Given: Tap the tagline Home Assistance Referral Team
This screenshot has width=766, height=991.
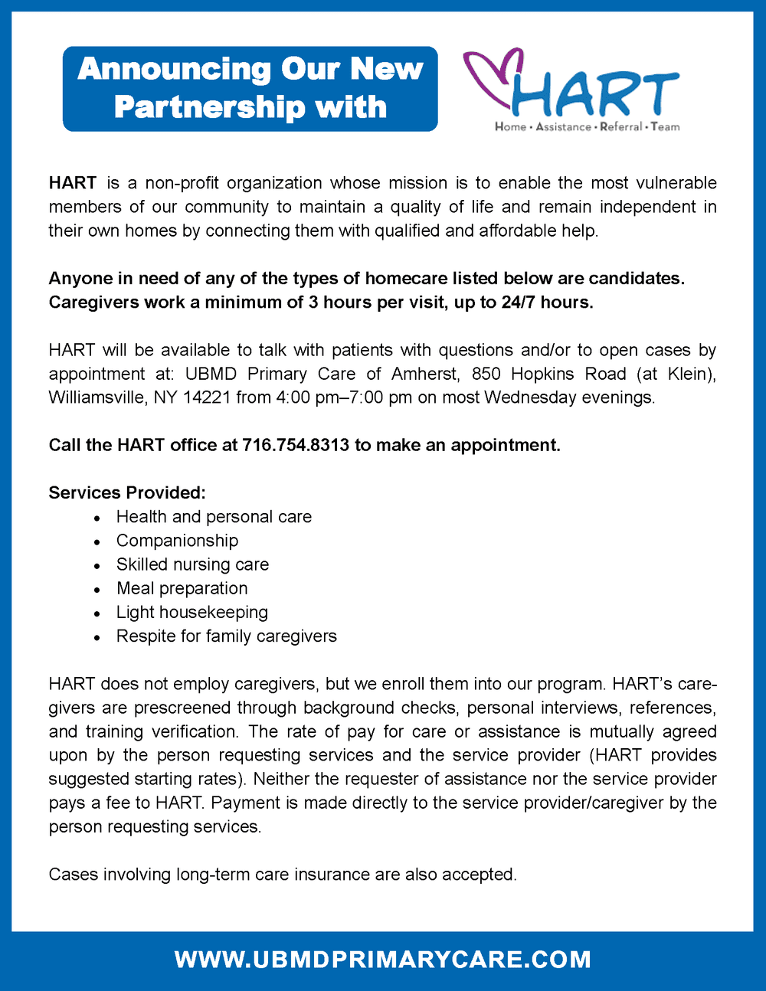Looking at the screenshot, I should click(x=587, y=127).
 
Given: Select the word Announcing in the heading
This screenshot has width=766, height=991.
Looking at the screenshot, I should click(x=174, y=69).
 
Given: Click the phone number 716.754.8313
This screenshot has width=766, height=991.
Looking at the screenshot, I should click(x=296, y=445).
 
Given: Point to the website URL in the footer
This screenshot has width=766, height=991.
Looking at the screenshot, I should click(x=383, y=960).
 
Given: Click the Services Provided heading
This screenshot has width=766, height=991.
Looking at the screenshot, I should click(x=127, y=492).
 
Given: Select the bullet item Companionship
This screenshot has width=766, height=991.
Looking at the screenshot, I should click(x=177, y=541).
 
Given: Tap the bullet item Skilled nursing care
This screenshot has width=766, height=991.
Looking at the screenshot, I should click(x=192, y=564).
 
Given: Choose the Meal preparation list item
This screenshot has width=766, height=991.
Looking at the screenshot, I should click(x=182, y=588).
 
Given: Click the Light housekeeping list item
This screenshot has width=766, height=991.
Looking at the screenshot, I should click(x=191, y=612).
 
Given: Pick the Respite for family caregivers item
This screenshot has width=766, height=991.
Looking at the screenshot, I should click(x=226, y=636).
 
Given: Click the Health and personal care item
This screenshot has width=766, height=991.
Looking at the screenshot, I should click(x=214, y=517).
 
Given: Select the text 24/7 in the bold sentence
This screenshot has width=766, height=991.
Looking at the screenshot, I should click(x=519, y=302).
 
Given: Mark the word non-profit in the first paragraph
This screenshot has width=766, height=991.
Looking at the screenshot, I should click(x=181, y=183).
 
